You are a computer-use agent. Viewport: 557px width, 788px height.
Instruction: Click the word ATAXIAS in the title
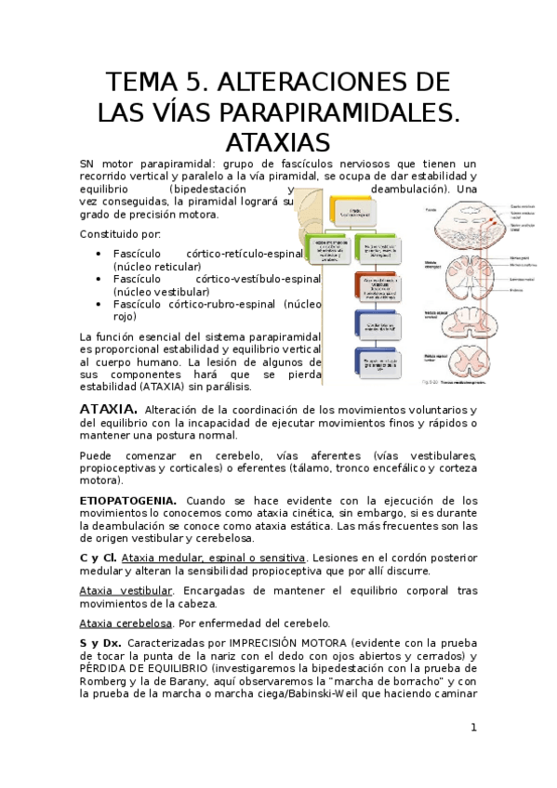pyautogui.click(x=278, y=143)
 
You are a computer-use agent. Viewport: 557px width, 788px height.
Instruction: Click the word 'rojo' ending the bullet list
pyautogui.click(x=124, y=316)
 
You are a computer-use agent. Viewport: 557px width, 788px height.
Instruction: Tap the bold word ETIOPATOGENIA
pyautogui.click(x=126, y=500)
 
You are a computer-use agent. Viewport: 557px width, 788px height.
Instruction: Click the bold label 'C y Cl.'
pyautogui.click(x=98, y=558)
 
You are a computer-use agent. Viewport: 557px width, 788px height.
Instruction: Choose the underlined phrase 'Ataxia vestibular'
pyautogui.click(x=126, y=590)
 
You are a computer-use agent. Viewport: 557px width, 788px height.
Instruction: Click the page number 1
pyautogui.click(x=472, y=727)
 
